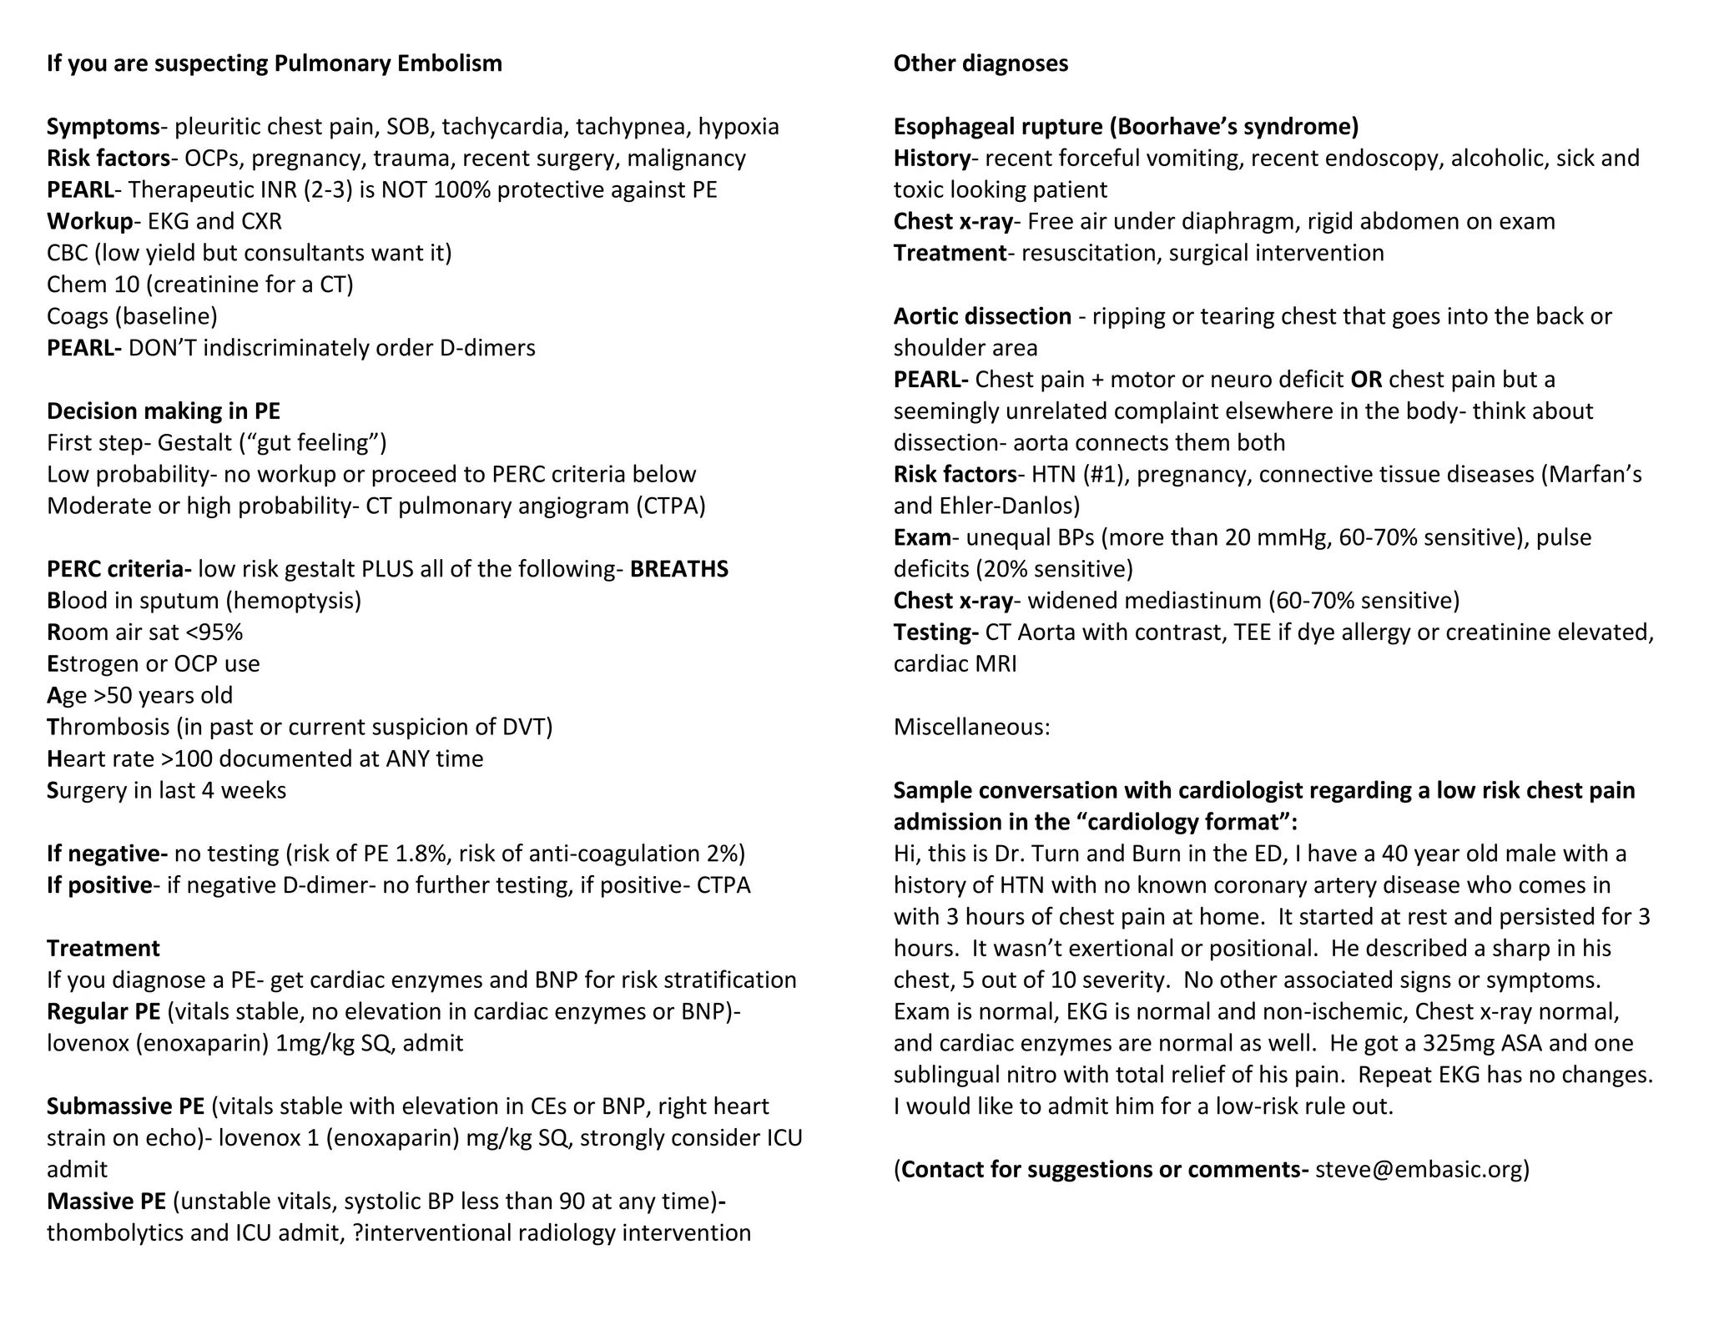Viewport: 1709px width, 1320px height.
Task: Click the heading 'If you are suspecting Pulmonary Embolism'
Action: click(274, 63)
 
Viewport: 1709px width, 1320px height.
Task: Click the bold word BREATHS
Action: click(678, 569)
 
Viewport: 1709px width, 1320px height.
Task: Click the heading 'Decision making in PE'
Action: click(164, 411)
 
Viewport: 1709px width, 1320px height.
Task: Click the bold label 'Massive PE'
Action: click(106, 1202)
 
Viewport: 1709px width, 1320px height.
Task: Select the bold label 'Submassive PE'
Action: click(125, 1106)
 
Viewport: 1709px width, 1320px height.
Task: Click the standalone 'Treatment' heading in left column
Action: click(103, 949)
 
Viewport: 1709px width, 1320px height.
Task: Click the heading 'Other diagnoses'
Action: click(981, 63)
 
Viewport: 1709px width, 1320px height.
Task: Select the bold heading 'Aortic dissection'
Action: click(982, 316)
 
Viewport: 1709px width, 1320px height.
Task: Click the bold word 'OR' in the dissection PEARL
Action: click(1366, 380)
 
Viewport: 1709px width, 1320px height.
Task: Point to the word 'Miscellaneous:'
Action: click(971, 728)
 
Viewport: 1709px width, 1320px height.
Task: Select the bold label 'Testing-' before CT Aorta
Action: click(935, 632)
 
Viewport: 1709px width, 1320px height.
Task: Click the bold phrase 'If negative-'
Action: click(107, 854)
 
